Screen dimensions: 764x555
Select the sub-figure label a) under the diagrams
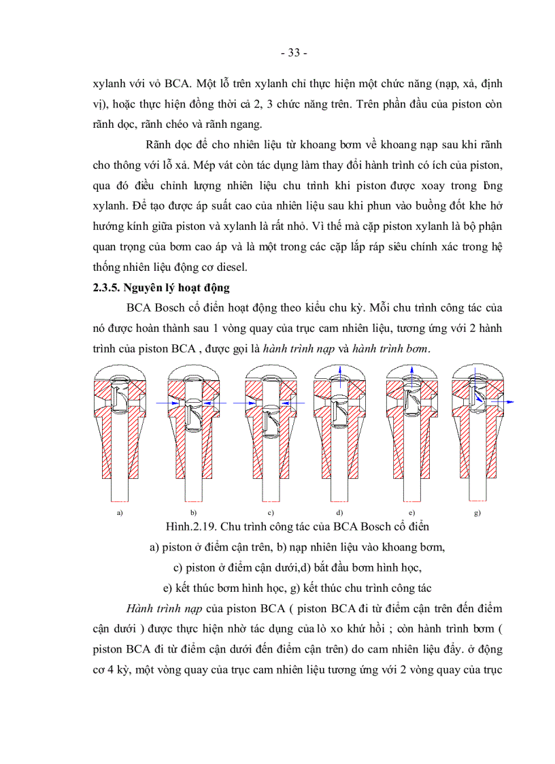click(x=120, y=512)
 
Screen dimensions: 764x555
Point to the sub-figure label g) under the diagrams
click(x=477, y=512)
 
